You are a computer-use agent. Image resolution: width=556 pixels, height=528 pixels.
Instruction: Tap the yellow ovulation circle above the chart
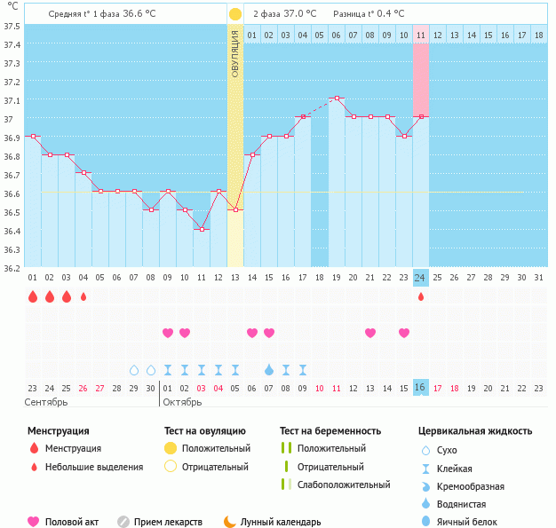[x=234, y=14]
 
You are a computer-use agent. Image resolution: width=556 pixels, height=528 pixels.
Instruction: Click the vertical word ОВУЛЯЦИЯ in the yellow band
[x=234, y=53]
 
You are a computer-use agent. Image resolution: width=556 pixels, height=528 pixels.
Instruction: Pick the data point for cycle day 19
[x=337, y=98]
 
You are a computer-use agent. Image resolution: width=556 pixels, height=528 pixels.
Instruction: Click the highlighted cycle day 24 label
[x=421, y=278]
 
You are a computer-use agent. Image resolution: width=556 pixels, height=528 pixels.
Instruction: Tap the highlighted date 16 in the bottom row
[x=421, y=388]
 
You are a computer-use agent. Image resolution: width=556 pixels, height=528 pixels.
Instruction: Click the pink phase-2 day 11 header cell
[x=421, y=35]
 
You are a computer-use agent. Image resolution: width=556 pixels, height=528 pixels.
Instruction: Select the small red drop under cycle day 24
[x=421, y=296]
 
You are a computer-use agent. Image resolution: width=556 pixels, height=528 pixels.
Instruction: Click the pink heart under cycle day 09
[x=168, y=333]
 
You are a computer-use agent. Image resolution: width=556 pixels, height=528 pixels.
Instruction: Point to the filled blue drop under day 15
[x=269, y=369]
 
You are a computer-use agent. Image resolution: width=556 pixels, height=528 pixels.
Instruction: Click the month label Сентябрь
[x=47, y=402]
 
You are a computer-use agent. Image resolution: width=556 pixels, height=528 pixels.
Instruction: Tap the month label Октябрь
[x=181, y=402]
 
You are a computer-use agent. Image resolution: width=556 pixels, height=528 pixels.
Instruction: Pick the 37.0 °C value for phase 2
[x=302, y=14]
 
